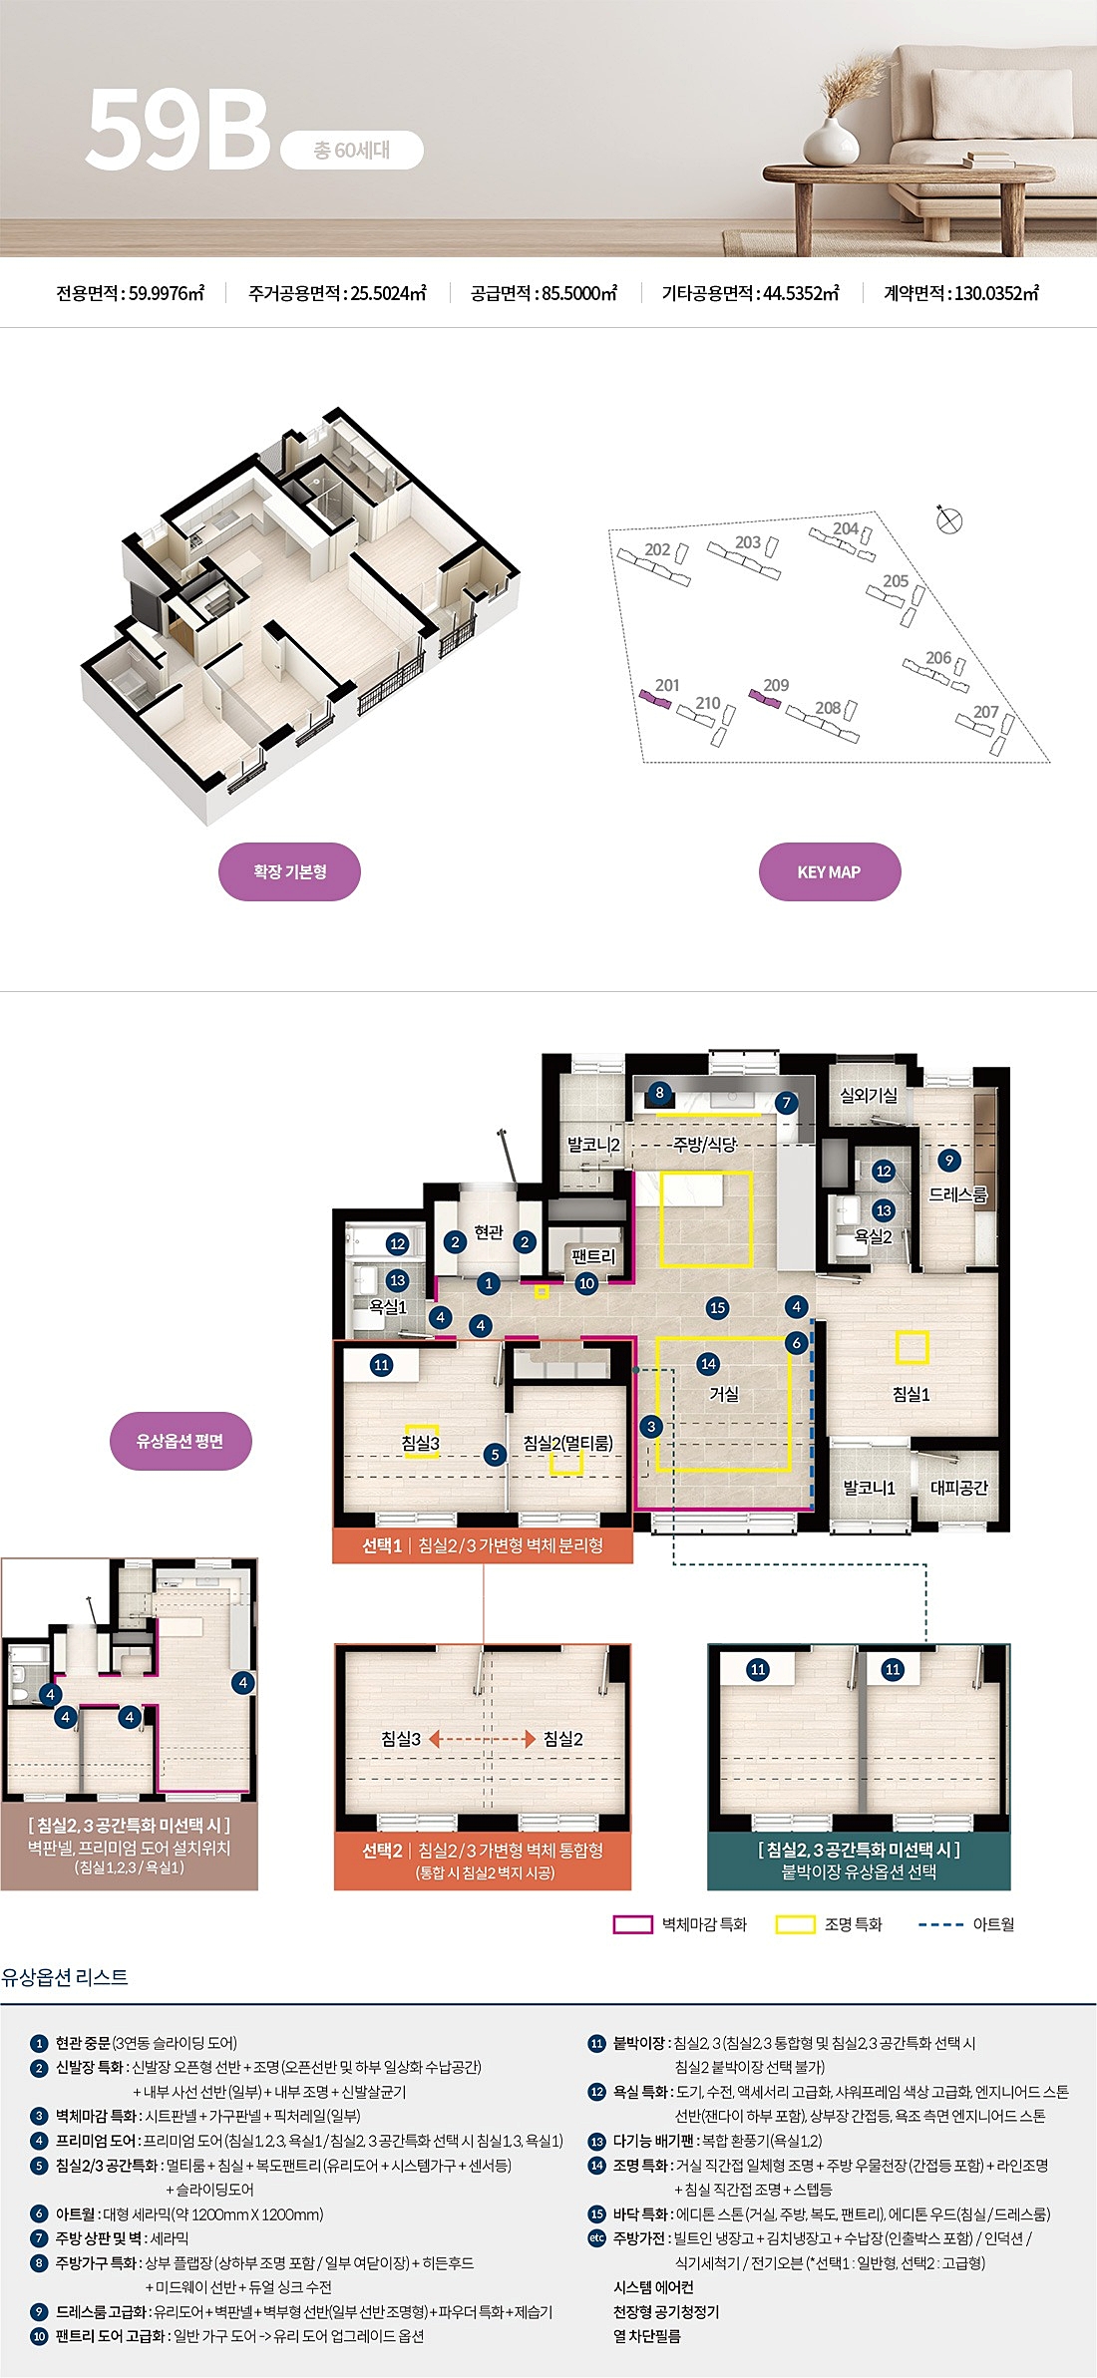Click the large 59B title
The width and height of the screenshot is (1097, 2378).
[179, 129]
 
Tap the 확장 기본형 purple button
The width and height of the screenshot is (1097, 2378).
[289, 871]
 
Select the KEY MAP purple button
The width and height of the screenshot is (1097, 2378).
[830, 871]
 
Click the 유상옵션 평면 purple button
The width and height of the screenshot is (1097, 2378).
[181, 1441]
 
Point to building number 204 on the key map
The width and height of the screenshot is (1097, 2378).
[846, 528]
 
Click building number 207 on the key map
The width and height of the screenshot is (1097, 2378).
[985, 712]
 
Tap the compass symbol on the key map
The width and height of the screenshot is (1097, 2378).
[949, 519]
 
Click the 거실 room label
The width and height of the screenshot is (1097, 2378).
[724, 1394]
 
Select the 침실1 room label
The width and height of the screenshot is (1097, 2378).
[912, 1394]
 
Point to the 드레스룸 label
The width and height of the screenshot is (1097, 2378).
[958, 1194]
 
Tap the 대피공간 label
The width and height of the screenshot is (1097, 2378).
[959, 1488]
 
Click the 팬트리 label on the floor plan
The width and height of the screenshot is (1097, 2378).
[594, 1256]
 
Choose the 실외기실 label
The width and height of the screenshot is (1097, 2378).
[869, 1095]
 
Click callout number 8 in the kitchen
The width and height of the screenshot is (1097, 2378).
[659, 1093]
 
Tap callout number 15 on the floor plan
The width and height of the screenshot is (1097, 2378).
[717, 1307]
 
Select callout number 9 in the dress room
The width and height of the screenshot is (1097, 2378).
[949, 1160]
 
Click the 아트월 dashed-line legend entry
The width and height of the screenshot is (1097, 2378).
[966, 1924]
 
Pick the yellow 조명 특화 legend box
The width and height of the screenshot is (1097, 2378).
[795, 1924]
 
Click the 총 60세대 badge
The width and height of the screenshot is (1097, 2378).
[352, 150]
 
